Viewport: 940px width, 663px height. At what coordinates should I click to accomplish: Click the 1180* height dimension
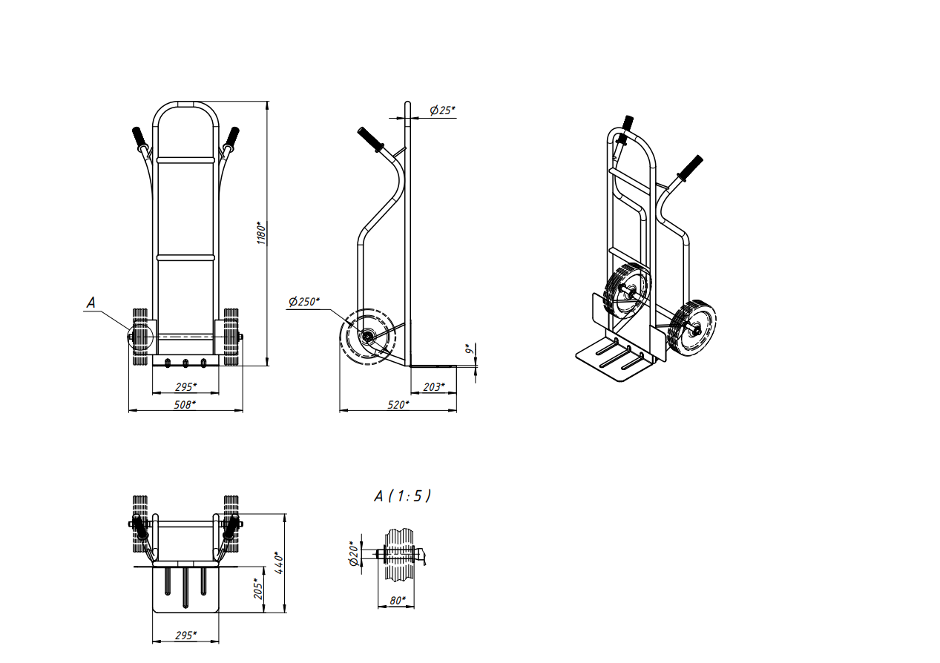point(261,233)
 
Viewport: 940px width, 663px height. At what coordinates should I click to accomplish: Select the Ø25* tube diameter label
point(442,110)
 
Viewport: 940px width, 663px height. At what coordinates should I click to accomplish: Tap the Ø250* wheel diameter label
point(304,302)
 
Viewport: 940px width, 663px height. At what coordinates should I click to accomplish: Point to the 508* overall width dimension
point(185,405)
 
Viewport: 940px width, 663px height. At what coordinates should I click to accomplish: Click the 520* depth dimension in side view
point(398,405)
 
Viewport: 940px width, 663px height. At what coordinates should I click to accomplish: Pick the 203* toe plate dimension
point(433,386)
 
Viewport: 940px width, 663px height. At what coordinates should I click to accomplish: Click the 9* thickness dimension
point(470,348)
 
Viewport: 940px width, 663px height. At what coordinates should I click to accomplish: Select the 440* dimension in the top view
point(279,562)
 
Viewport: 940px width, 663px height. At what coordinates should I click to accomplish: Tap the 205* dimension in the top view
point(258,589)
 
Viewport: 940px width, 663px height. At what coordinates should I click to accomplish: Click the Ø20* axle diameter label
point(355,553)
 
